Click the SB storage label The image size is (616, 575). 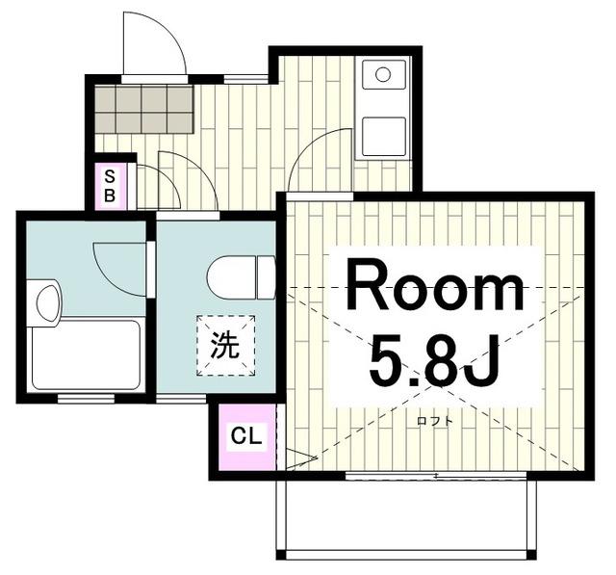point(110,186)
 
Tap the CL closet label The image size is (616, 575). point(246,435)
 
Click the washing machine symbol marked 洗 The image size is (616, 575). point(226,346)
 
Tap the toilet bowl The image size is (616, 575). point(231,277)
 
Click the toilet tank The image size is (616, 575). point(267,277)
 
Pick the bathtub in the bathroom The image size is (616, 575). point(86,354)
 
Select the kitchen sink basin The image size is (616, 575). point(383,74)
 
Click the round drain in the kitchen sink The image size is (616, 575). point(383,74)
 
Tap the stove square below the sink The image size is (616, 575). point(383,137)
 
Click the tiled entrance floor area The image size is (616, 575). point(144,109)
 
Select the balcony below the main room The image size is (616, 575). point(406,516)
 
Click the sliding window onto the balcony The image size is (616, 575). point(436,476)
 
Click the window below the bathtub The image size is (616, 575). point(86,399)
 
